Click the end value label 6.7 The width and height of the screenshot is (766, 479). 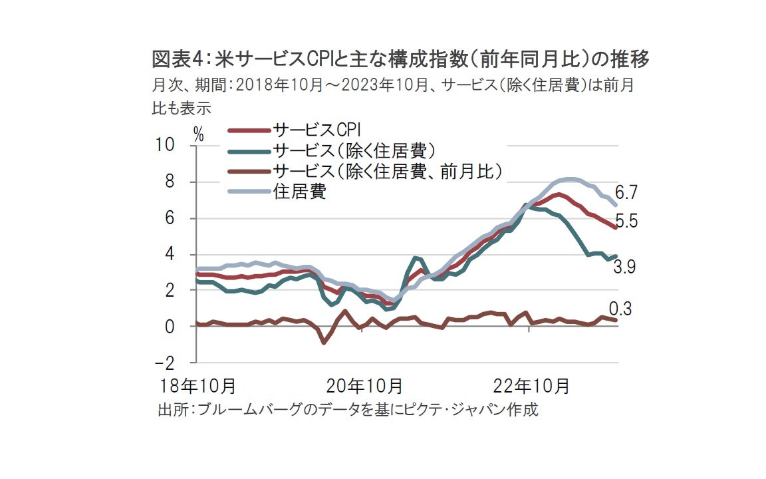coord(626,193)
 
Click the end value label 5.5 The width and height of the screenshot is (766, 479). coord(626,222)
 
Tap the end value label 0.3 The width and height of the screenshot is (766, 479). coord(620,309)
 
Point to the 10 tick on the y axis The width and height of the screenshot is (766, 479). coord(166,144)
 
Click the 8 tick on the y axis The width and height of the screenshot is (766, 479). coord(170,182)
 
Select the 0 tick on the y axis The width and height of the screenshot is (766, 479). coord(170,327)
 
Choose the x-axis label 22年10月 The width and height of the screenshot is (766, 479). coord(532,385)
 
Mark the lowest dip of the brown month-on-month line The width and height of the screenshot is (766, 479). coord(324,343)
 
